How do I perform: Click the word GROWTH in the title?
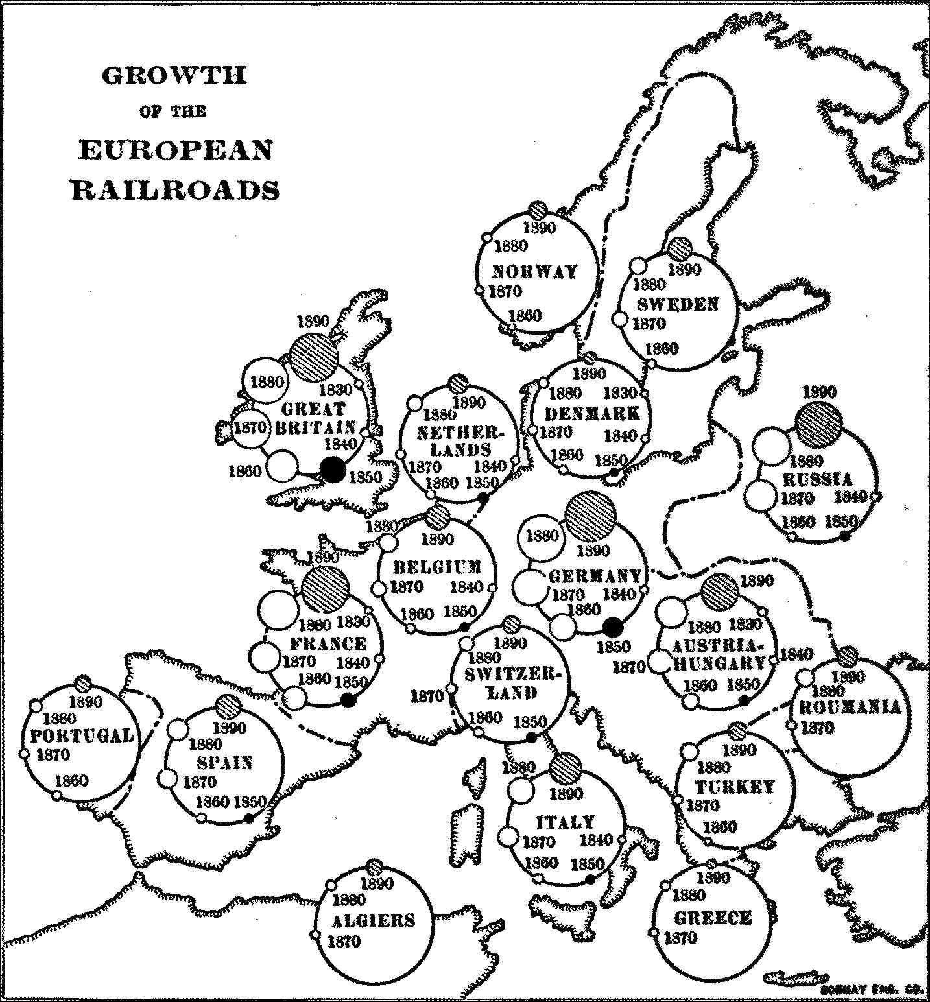(174, 76)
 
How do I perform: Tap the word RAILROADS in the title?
(175, 191)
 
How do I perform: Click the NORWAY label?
(535, 271)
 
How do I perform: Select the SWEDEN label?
(678, 304)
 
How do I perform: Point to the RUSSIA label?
(818, 479)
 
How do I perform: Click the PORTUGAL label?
(82, 735)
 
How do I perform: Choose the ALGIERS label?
(373, 920)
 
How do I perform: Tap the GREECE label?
(713, 918)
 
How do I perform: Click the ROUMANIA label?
(850, 706)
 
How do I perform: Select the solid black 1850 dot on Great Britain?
(333, 469)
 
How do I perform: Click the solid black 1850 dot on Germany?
(613, 626)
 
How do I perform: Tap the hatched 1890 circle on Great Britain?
(315, 357)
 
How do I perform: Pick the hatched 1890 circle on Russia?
(819, 425)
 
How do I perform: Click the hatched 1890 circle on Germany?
(590, 517)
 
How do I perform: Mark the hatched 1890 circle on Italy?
(566, 769)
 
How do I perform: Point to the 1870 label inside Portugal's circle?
(53, 755)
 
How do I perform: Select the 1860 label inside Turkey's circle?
(720, 827)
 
